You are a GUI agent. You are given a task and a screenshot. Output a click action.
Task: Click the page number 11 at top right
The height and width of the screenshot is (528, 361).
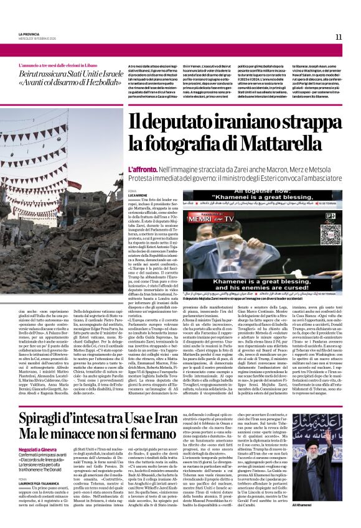coord(339,37)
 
